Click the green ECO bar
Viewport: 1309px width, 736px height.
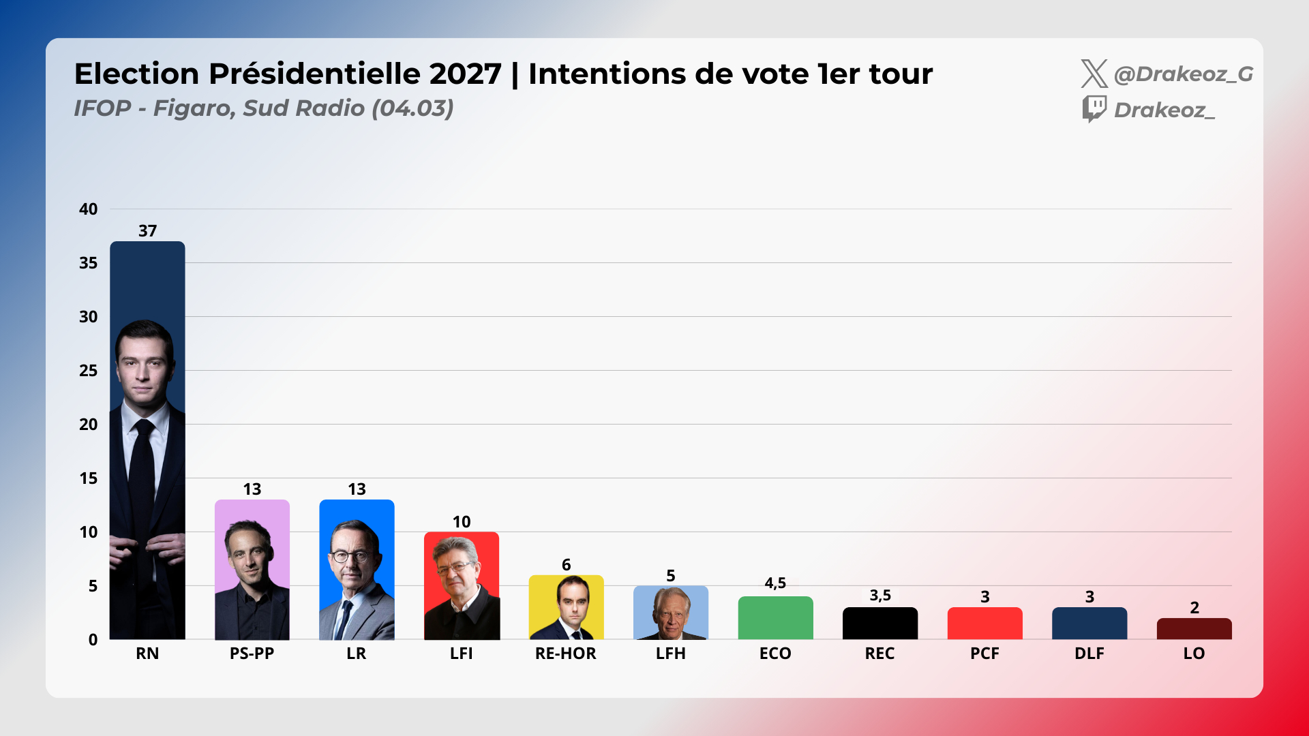775,618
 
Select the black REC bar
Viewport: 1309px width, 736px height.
879,624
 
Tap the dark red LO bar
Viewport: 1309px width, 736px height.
1194,629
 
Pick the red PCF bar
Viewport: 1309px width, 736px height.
984,624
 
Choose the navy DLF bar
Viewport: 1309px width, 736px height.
1089,624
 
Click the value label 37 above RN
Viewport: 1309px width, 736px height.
147,231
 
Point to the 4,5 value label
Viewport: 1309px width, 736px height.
775,583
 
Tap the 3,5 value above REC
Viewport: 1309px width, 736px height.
879,596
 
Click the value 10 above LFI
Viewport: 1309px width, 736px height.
462,522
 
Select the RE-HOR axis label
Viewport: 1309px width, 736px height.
565,654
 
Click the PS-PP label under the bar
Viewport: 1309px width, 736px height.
252,654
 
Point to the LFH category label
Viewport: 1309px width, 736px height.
670,654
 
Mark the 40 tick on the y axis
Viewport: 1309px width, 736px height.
88,209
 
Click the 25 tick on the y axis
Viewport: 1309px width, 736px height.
88,371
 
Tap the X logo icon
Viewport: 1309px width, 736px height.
1094,74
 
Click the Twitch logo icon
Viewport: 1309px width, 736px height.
1094,109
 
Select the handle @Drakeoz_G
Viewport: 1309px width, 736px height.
1183,74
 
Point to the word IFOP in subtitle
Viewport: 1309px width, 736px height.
102,108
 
